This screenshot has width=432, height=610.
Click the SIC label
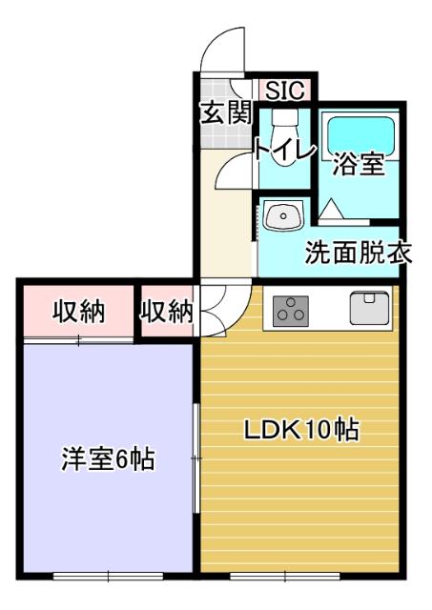point(283,91)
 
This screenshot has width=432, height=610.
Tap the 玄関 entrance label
point(226,113)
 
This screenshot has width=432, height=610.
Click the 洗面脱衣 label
point(358,254)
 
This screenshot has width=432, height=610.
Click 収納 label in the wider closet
point(78,311)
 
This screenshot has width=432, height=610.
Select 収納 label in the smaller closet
point(168,311)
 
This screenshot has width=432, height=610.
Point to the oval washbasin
point(282,218)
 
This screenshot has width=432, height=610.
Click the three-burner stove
point(290,309)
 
